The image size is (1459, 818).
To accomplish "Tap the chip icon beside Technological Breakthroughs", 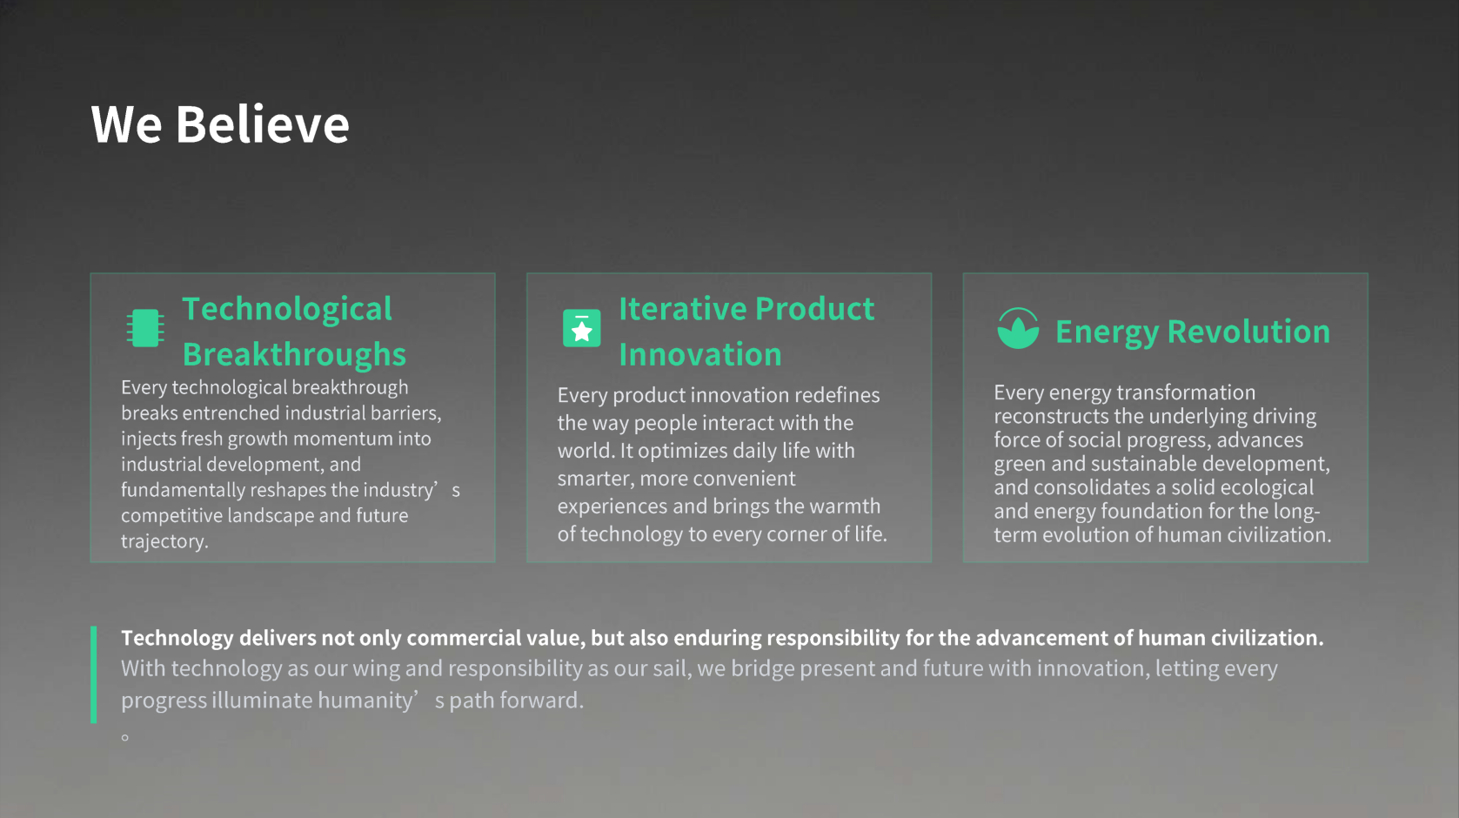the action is (x=145, y=327).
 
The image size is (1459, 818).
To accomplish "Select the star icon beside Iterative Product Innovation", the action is (x=582, y=328).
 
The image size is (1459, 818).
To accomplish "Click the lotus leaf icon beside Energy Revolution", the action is (x=1018, y=328).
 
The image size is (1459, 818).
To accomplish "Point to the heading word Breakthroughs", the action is (x=294, y=354).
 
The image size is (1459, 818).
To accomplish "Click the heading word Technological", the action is (x=287, y=310).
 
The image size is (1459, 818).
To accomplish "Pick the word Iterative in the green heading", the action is (x=682, y=309).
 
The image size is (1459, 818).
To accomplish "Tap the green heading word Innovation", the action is (x=700, y=354).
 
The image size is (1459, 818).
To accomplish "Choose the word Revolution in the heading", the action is (x=1248, y=332).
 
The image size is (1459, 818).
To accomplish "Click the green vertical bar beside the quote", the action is (x=94, y=674).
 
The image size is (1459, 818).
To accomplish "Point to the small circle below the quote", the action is (x=125, y=737).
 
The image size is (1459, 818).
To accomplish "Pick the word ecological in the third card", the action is (x=1267, y=488).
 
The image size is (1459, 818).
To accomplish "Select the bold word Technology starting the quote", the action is (x=177, y=638).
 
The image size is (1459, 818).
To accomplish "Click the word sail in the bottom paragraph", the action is (x=671, y=669).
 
